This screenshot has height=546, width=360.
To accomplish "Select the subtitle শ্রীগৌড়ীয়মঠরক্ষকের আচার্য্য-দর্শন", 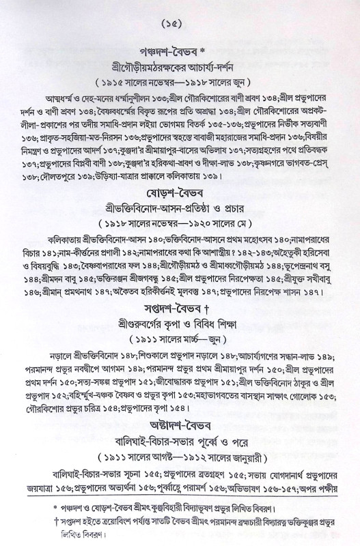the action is tap(181, 68).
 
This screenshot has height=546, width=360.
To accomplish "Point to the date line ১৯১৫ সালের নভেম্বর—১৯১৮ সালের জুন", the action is tap(181, 85).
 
